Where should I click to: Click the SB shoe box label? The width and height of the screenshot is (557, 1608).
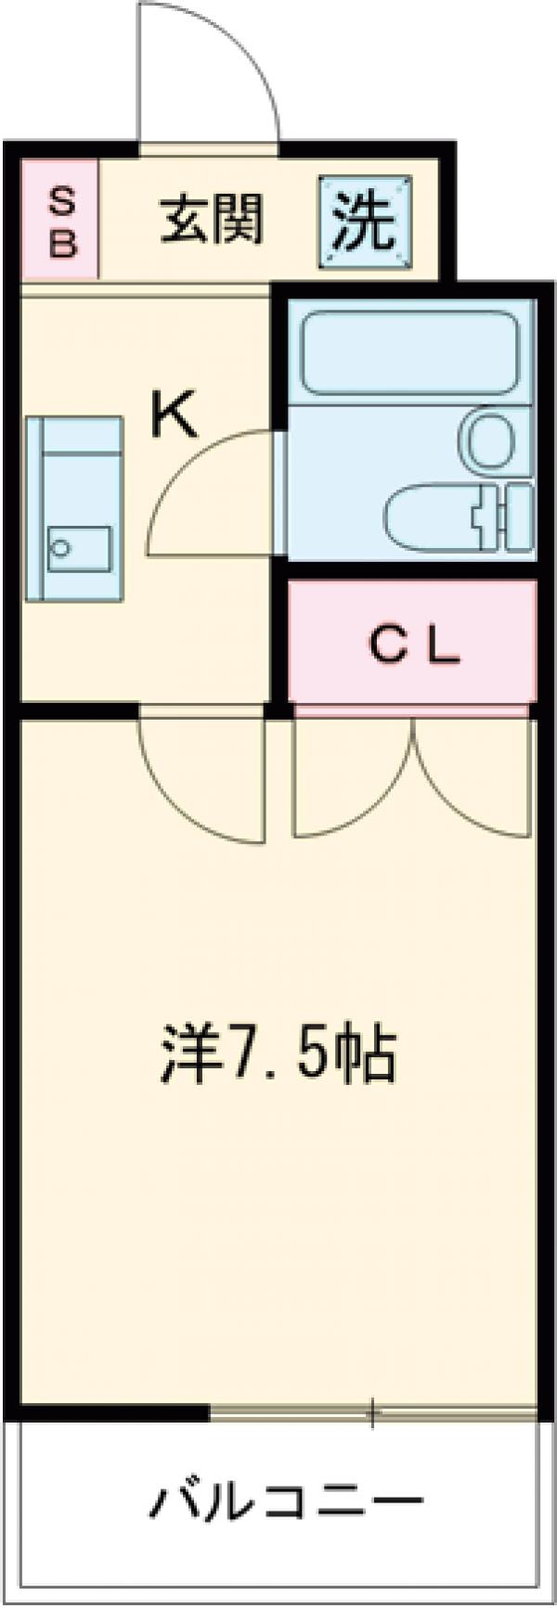point(61,220)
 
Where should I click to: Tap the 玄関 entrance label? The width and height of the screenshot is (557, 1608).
point(213,220)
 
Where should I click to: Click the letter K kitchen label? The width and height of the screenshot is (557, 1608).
point(175,416)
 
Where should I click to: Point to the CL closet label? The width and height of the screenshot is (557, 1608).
point(414,646)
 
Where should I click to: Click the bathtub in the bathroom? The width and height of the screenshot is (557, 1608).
point(411,352)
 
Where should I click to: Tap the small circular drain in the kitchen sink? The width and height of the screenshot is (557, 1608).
point(61,548)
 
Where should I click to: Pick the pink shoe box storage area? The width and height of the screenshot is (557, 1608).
point(59,220)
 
